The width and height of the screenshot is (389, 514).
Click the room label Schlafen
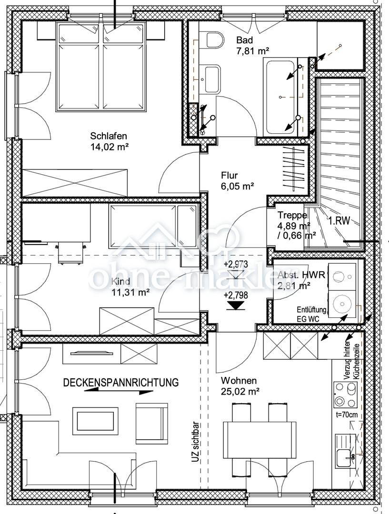tap(109, 136)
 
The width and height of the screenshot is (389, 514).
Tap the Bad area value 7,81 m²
tap(253, 51)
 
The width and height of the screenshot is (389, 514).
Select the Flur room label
tap(229, 175)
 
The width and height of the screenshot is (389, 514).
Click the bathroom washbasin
tap(212, 79)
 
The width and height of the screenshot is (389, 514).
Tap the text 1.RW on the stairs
tap(339, 221)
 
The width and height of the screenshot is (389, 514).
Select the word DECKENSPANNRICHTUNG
tap(121, 383)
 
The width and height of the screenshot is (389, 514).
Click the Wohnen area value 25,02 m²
tap(240, 391)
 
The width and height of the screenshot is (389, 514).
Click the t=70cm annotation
tap(347, 415)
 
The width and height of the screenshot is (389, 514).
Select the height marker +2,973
tap(236, 264)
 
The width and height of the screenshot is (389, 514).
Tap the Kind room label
tap(121, 281)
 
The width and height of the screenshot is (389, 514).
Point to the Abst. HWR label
tap(301, 275)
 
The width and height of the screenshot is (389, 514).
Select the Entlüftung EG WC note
tap(311, 314)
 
